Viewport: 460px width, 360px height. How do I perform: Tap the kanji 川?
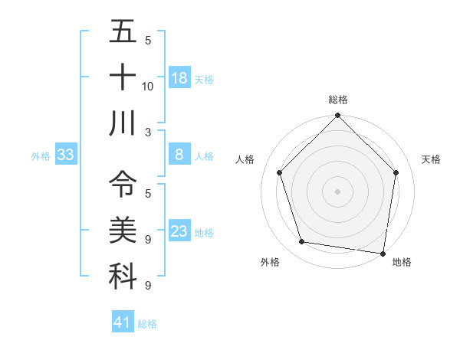pyautogui.click(x=123, y=123)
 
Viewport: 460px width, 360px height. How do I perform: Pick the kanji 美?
pyautogui.click(x=123, y=230)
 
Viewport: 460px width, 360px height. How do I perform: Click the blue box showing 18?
pyautogui.click(x=179, y=77)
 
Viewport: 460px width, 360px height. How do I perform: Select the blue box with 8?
pyautogui.click(x=179, y=154)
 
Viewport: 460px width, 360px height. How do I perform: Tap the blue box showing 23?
pyautogui.click(x=179, y=231)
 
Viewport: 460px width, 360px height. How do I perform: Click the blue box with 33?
pyautogui.click(x=66, y=155)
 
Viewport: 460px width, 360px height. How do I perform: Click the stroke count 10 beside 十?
pyautogui.click(x=148, y=87)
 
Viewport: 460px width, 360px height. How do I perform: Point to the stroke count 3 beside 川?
pyautogui.click(x=147, y=132)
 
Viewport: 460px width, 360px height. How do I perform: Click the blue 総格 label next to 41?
pyautogui.click(x=147, y=323)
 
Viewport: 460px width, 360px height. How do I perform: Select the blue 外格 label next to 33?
pyautogui.click(x=41, y=155)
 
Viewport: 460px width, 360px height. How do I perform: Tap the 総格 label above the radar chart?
pyautogui.click(x=338, y=100)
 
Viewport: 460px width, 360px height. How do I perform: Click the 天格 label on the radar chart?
pyautogui.click(x=432, y=159)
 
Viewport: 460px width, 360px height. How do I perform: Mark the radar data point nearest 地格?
pyautogui.click(x=383, y=253)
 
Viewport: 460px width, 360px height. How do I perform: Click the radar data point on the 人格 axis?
pyautogui.click(x=280, y=172)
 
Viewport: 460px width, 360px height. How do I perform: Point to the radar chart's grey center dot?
pyautogui.click(x=338, y=191)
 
